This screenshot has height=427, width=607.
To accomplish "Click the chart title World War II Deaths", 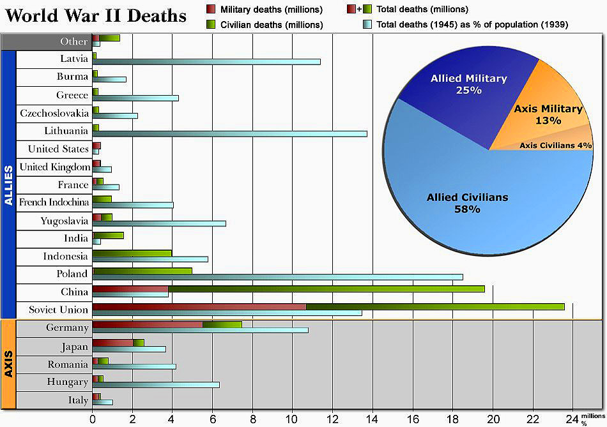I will pos(96,15).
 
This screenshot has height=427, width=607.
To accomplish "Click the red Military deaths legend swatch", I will pos(211,10).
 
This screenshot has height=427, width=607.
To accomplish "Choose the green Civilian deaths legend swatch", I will pos(211,25).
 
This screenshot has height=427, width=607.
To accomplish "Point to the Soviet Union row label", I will pos(58,310).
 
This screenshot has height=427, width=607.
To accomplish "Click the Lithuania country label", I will pos(66,131).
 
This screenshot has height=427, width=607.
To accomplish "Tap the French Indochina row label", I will pos(54,202).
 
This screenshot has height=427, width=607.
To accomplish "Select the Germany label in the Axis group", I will pos(67,327).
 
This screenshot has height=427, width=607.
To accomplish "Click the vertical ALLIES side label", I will pos(8,185).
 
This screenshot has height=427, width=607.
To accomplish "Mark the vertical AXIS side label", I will pos(8,364).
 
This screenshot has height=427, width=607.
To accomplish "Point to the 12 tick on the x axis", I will pos(332,419).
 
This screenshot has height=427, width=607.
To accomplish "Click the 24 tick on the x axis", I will pos(572,419).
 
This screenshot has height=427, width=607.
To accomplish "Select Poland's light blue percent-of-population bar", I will pos(278,277).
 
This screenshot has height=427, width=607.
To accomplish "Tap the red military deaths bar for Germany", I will pos(148,324).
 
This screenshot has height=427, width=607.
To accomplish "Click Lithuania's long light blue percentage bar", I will pos(230,134).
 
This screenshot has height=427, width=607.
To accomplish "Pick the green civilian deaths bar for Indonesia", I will pos(132,253).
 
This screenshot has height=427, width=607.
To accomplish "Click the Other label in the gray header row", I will pos(74,41).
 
